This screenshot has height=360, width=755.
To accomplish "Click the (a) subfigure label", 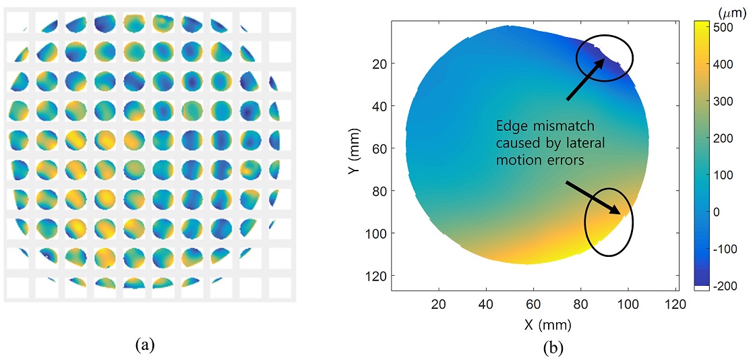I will pos(144,345).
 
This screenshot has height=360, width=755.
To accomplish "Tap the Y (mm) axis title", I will pos(355,157).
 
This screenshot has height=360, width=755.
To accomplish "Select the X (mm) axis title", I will pos(547,324).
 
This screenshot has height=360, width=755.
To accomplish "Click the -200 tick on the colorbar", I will pos(729,286).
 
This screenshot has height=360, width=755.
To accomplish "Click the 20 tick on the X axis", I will pos(440,304).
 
